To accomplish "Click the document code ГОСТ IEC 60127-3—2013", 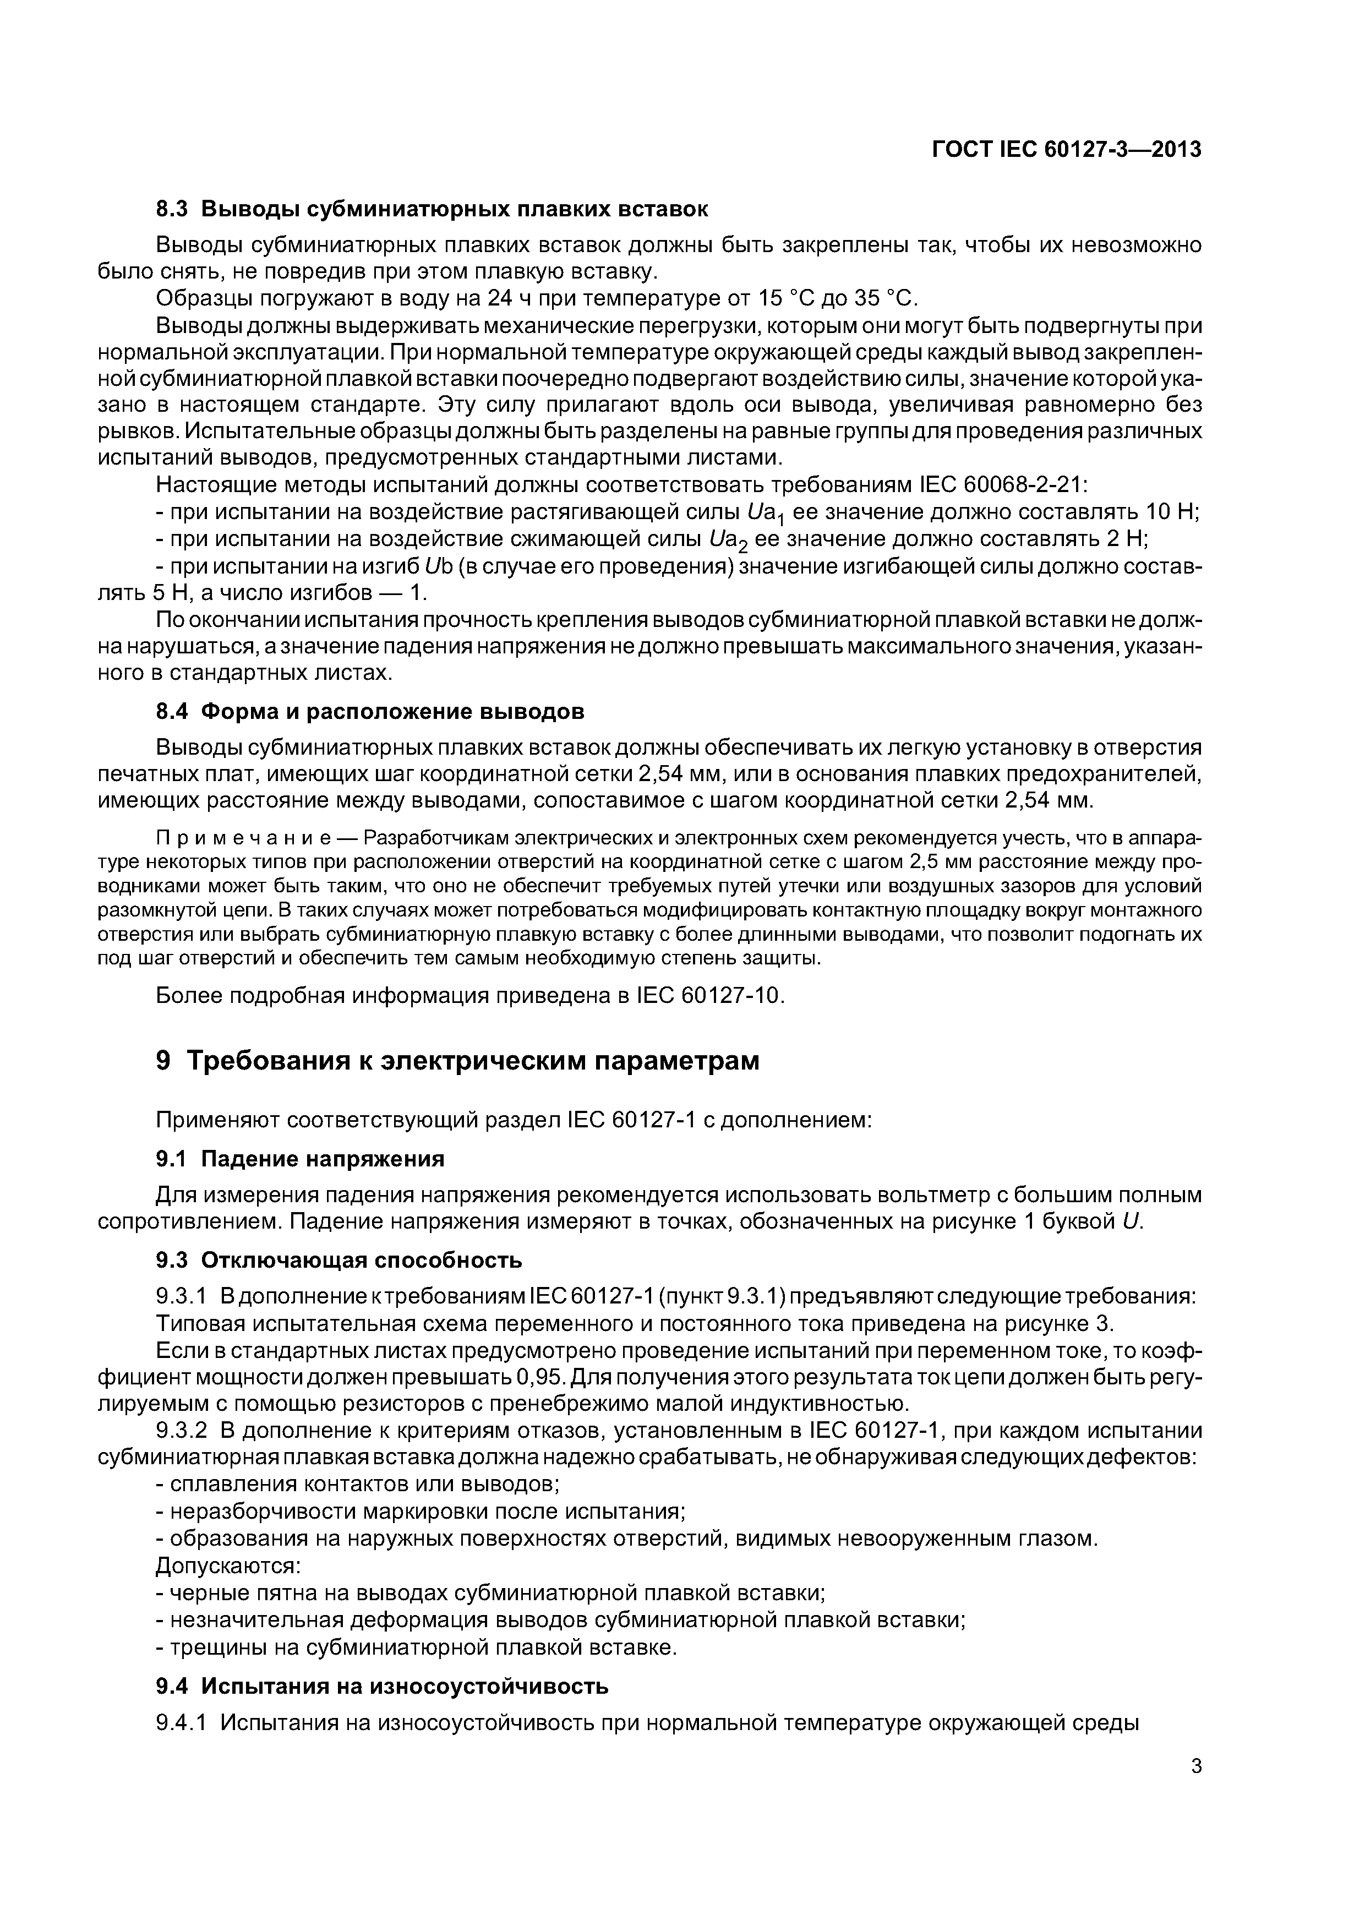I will pyautogui.click(x=1067, y=150).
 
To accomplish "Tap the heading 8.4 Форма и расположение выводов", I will pyautogui.click(x=370, y=712).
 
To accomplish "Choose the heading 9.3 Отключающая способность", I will pyautogui.click(x=339, y=1260).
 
